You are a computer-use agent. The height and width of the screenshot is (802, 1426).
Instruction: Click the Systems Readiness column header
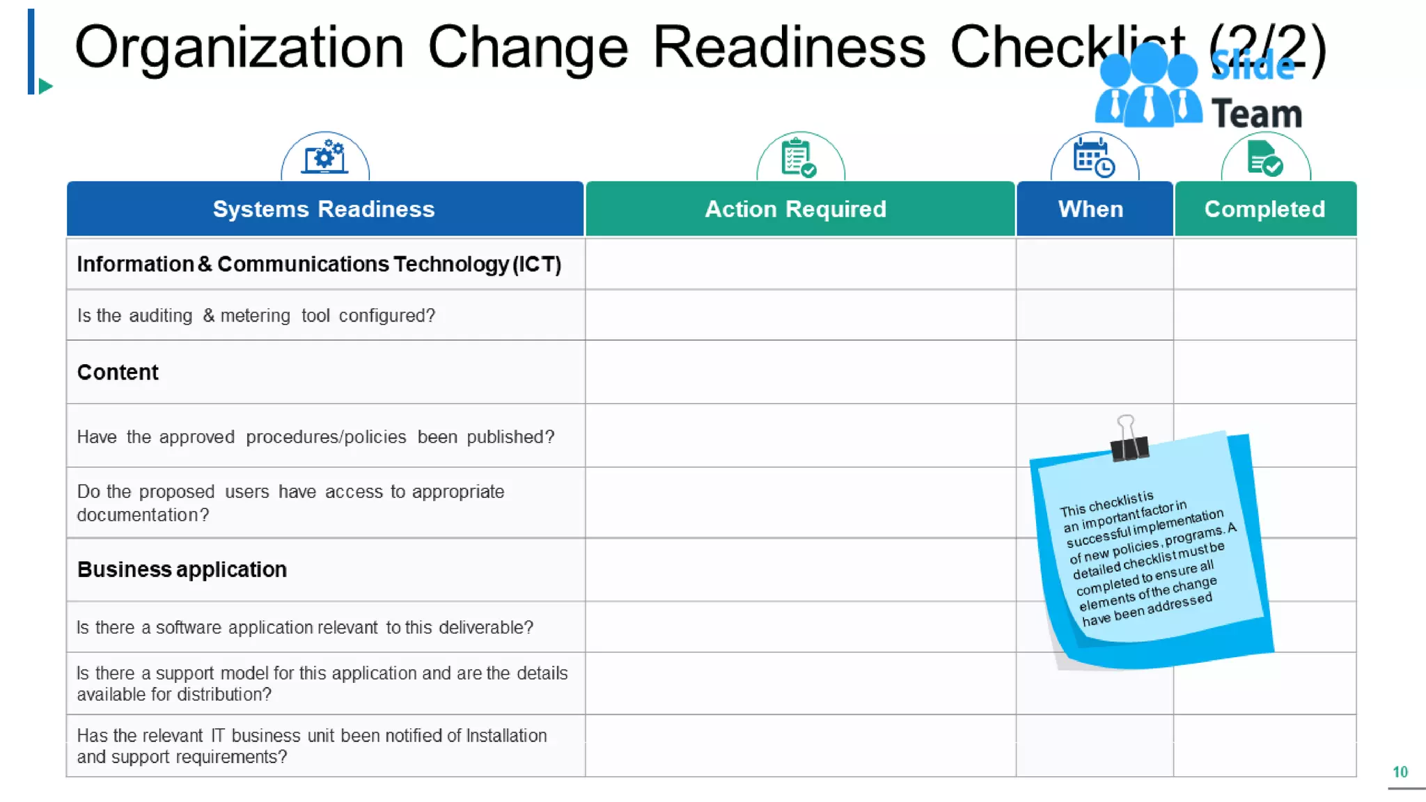(x=324, y=209)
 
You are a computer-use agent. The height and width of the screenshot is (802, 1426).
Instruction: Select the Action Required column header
(x=795, y=209)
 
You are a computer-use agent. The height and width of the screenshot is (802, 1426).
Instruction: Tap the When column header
(x=1090, y=209)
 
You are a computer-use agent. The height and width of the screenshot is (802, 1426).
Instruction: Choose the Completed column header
(x=1264, y=209)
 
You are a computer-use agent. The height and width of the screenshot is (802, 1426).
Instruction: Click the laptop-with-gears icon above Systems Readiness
(x=324, y=157)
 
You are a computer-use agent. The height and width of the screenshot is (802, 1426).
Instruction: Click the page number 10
(x=1400, y=772)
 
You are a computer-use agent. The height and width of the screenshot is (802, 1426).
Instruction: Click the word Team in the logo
(x=1257, y=114)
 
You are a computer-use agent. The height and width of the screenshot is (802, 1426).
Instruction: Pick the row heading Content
(x=118, y=372)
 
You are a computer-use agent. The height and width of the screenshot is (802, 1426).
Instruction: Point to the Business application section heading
(x=182, y=569)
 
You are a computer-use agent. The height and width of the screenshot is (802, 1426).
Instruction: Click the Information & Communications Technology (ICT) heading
(x=319, y=265)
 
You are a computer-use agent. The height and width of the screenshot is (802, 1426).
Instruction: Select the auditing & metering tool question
(x=256, y=315)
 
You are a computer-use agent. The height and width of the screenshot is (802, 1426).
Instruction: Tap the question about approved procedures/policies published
(x=315, y=437)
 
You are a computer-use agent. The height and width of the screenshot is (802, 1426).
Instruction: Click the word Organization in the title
(x=239, y=47)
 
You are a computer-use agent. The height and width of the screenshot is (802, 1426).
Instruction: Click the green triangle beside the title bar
(x=45, y=86)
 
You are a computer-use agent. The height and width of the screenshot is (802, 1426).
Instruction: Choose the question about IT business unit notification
(x=311, y=746)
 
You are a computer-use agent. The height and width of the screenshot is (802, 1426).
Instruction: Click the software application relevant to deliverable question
(x=304, y=627)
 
